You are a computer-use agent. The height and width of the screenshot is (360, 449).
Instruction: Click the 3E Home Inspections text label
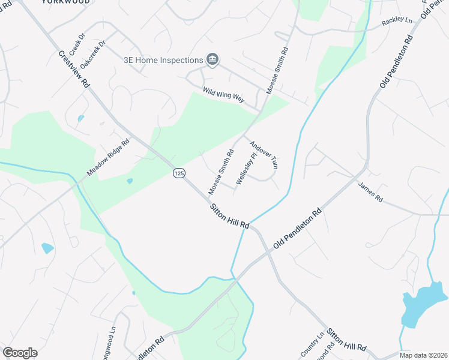(x=162, y=60)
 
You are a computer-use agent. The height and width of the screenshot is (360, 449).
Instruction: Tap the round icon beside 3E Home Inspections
(x=212, y=59)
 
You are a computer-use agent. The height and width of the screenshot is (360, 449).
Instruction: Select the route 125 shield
(x=178, y=173)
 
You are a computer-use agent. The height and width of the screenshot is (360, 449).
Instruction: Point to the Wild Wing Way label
(x=223, y=96)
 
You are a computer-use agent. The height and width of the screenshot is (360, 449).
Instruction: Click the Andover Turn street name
(x=264, y=155)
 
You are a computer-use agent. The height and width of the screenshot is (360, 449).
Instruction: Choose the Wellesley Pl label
(x=246, y=168)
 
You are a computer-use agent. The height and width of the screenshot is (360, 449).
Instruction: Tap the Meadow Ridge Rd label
(x=108, y=158)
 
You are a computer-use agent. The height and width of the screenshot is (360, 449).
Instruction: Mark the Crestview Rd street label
(x=74, y=69)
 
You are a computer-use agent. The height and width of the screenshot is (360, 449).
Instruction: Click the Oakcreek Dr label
(x=93, y=52)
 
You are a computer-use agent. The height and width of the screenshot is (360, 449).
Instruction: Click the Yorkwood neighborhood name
(x=67, y=2)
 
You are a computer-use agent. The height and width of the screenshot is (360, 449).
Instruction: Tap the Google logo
(x=20, y=353)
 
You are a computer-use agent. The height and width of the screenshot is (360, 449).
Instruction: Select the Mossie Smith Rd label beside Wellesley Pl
(x=220, y=172)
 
